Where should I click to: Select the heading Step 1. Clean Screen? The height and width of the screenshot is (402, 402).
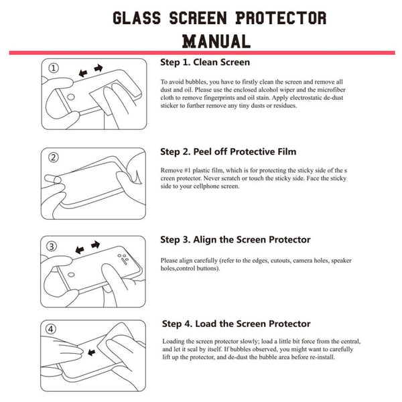click(x=205, y=62)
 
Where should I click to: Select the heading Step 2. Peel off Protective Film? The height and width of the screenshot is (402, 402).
click(x=228, y=151)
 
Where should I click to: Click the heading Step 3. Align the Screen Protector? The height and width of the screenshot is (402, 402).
click(x=235, y=239)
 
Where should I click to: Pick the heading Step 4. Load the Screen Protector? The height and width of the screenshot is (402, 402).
click(x=235, y=324)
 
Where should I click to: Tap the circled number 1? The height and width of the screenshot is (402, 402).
click(x=54, y=68)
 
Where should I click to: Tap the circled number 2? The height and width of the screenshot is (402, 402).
click(x=54, y=157)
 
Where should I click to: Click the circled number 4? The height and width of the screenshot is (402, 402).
click(x=54, y=329)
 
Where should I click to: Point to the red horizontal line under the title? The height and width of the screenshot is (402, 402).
click(x=201, y=52)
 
